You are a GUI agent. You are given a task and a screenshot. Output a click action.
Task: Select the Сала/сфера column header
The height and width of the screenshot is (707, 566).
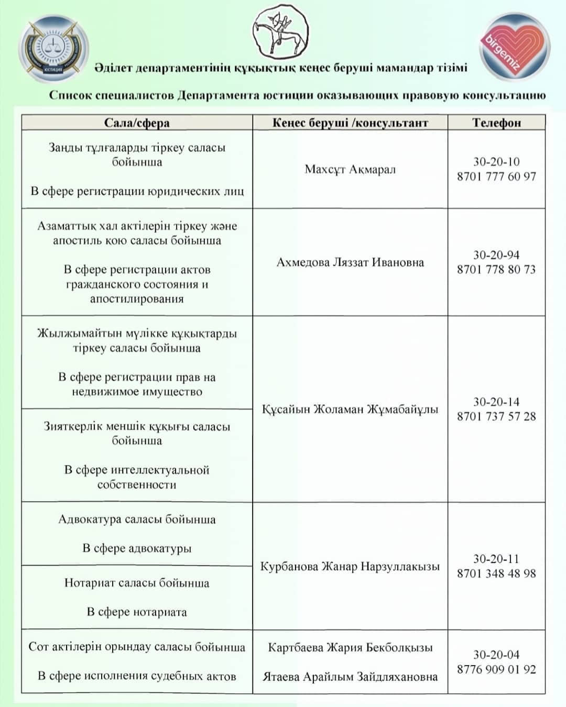coord(137,123)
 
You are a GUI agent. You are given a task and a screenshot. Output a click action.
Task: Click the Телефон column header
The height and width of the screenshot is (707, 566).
coord(496,123)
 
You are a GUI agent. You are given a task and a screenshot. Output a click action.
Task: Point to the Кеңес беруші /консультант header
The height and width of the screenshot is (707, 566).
coord(350,123)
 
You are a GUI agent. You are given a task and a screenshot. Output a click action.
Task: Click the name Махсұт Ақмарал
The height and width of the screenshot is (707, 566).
coord(350,169)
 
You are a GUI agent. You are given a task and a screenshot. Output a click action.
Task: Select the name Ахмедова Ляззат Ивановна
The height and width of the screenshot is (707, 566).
coord(350,262)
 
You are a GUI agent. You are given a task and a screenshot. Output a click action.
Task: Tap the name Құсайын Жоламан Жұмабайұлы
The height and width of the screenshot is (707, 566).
coord(350,409)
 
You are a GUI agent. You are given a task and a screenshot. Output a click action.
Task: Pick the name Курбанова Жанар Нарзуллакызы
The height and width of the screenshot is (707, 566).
coord(350,566)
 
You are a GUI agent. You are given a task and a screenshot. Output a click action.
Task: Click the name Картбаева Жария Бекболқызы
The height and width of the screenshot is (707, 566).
coord(350,648)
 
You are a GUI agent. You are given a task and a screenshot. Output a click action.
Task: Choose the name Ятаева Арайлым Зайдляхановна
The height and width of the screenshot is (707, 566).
coord(350,677)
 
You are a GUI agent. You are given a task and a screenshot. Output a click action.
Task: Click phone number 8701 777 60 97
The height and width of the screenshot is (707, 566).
coord(496,176)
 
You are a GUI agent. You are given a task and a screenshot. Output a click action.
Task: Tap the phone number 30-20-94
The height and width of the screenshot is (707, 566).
coord(496,255)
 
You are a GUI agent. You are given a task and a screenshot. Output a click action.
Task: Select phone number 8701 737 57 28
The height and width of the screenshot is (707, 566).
coord(496,416)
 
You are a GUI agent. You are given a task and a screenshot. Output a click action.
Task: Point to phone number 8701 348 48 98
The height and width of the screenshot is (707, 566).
coord(496,573)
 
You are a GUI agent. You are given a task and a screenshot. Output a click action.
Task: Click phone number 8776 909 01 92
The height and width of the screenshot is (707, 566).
coord(496,669)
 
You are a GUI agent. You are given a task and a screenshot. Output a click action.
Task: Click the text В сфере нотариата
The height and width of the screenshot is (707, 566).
coord(137,612)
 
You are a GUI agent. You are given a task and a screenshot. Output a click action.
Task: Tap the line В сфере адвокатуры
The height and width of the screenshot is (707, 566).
coord(137,548)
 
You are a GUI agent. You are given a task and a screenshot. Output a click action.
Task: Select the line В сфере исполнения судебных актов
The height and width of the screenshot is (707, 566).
coord(137,676)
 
